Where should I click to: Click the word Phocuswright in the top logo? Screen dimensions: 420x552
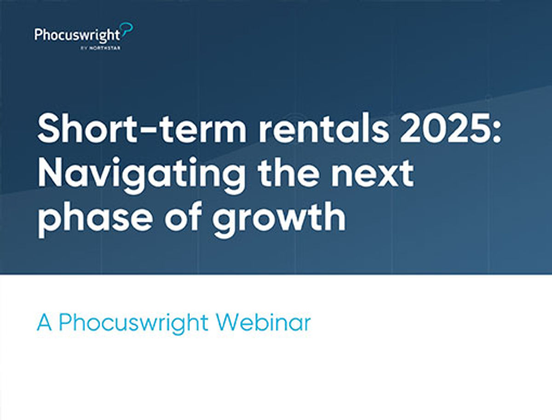tap(77, 35)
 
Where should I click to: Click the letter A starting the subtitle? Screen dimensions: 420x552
tap(44, 323)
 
